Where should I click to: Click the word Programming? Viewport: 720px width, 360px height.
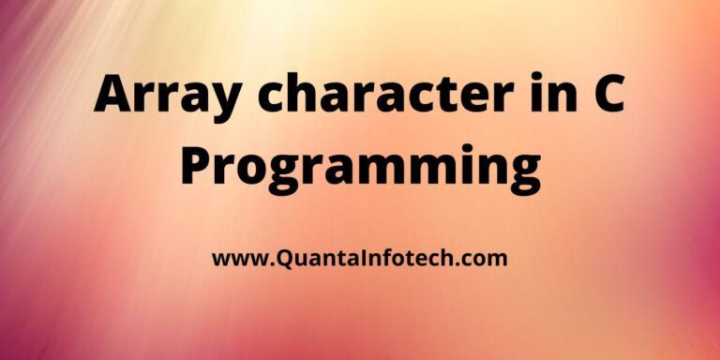[x=360, y=170]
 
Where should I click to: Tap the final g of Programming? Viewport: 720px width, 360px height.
[x=522, y=175]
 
